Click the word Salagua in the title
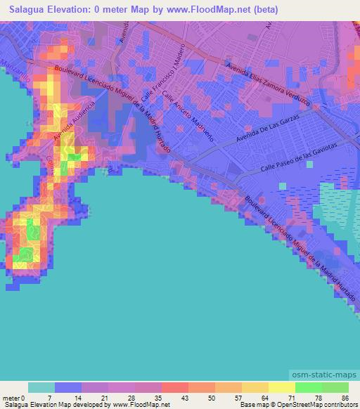(30, 10)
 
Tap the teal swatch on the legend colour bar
(41, 387)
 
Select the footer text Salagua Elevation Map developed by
(53, 405)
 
